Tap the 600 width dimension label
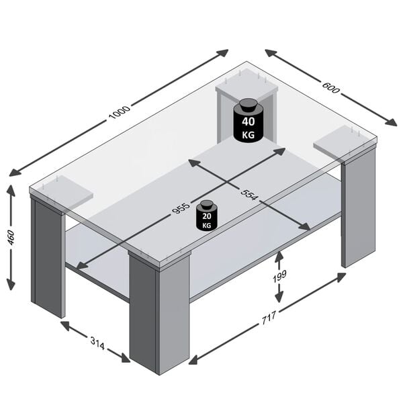click(x=330, y=87)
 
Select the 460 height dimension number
click(x=11, y=237)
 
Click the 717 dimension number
click(x=268, y=320)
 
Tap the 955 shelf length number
click(x=181, y=208)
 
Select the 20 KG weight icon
click(x=206, y=216)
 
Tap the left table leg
click(x=48, y=258)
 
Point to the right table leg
click(x=358, y=208)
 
